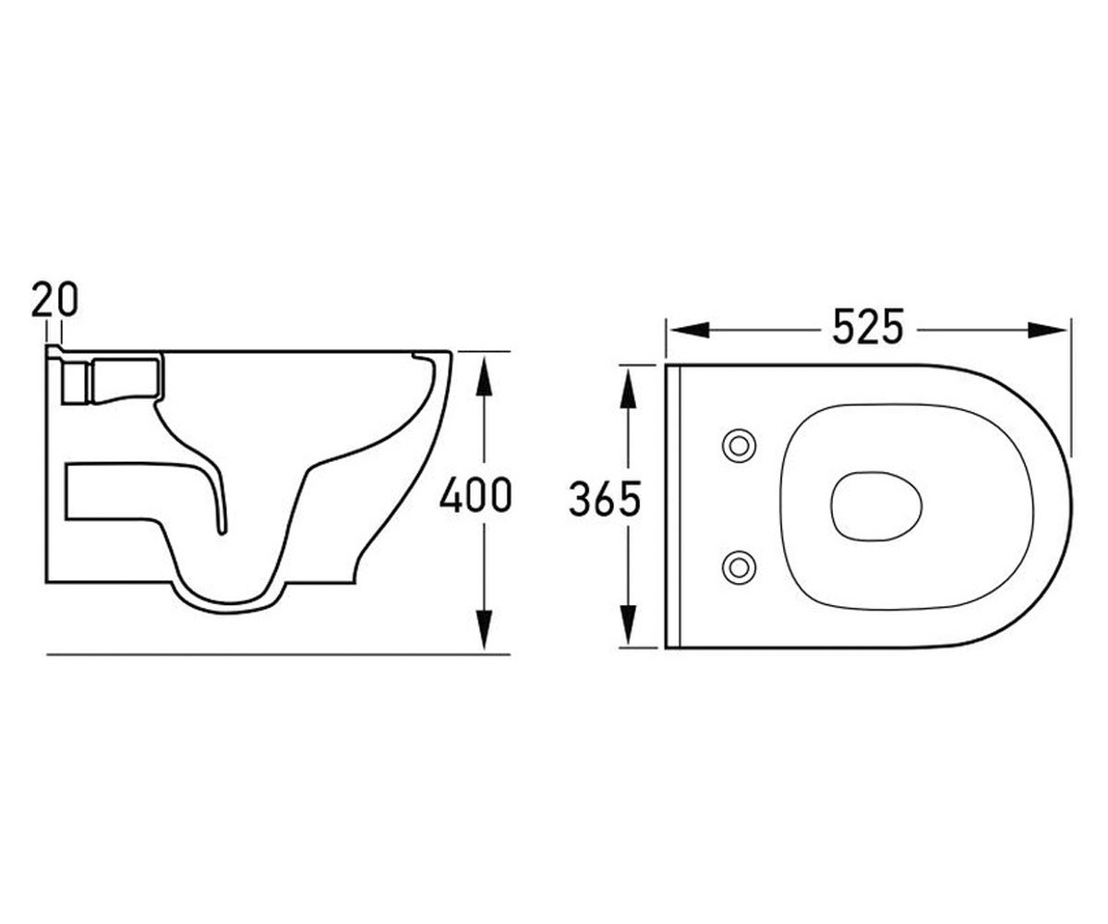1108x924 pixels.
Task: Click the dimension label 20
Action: pyautogui.click(x=54, y=299)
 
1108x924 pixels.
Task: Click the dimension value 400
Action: pyautogui.click(x=476, y=494)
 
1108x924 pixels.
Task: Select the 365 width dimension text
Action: pyautogui.click(x=605, y=499)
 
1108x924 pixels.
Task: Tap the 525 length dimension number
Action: pyautogui.click(x=868, y=326)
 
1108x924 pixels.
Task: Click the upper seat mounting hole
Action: pyautogui.click(x=739, y=445)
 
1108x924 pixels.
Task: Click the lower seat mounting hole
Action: pyautogui.click(x=739, y=567)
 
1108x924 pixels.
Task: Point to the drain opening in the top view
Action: pyautogui.click(x=875, y=506)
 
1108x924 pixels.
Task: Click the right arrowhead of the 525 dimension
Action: pyautogui.click(x=1047, y=330)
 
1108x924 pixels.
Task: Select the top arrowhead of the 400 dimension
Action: pyautogui.click(x=484, y=376)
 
